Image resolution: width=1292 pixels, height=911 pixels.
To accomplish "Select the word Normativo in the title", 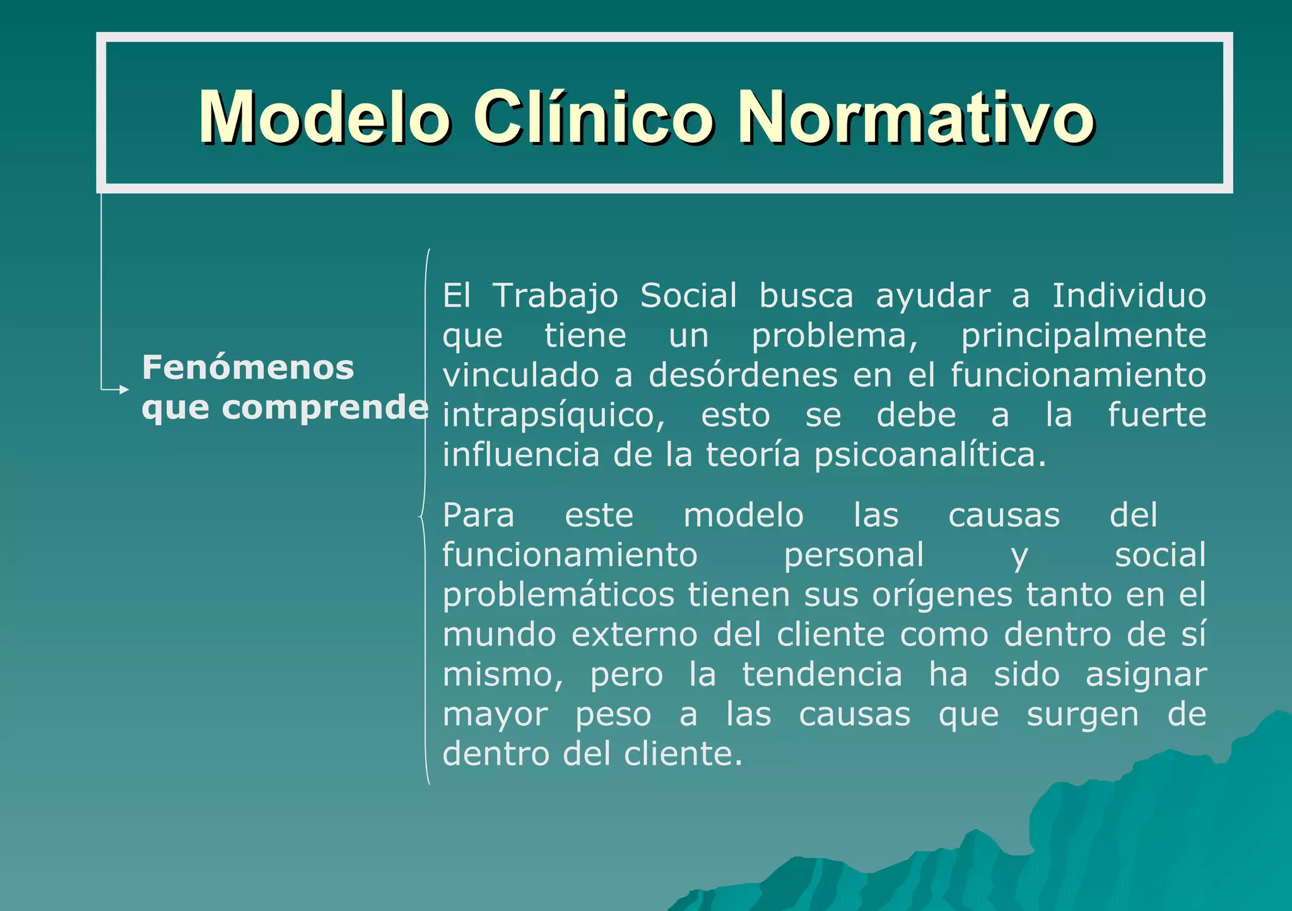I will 915,118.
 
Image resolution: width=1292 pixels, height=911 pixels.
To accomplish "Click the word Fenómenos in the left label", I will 248,367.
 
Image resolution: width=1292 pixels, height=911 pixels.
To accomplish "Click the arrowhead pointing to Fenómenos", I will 124,390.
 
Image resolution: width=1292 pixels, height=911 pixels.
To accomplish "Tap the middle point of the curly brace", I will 421,517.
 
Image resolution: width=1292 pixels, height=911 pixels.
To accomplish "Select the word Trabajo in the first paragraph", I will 555,296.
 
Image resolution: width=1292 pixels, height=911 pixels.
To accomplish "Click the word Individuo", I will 1129,296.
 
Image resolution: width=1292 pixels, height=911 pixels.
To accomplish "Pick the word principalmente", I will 1083,336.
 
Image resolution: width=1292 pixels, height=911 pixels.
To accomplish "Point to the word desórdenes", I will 743,375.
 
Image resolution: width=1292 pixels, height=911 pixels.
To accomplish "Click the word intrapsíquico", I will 553,415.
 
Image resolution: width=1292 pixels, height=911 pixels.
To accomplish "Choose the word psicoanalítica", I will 930,455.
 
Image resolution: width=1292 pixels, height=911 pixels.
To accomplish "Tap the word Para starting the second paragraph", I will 478,515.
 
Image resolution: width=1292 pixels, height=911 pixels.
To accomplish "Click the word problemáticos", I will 558,595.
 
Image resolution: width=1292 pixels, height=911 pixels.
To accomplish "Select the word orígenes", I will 942,595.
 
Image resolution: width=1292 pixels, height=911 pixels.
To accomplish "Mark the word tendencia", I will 822,674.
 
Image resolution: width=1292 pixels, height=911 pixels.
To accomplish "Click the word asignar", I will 1146,674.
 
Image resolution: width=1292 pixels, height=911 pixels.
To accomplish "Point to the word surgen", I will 1083,714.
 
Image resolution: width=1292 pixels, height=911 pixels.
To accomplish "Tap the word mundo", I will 499,635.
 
